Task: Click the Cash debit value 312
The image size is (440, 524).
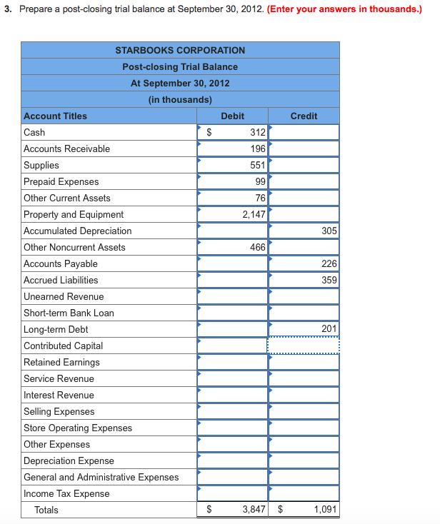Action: [257, 132]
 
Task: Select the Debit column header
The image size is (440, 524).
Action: [232, 116]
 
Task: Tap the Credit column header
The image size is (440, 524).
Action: [304, 116]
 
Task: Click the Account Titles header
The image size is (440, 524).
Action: [55, 116]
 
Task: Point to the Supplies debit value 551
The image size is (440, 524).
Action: [257, 165]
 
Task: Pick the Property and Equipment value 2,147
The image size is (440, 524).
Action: [254, 214]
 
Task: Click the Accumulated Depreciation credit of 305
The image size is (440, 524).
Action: [329, 231]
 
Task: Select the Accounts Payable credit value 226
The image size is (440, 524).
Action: [329, 263]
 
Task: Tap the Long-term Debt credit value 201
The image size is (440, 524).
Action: [329, 329]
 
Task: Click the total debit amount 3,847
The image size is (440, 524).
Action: [254, 510]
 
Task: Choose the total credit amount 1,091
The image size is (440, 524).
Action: [325, 510]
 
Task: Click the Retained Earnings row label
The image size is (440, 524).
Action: [61, 362]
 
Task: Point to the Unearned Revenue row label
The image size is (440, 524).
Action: [64, 296]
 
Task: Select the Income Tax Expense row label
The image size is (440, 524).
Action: [66, 493]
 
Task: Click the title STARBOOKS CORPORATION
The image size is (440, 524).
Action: [180, 50]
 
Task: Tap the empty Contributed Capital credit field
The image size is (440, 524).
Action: [304, 346]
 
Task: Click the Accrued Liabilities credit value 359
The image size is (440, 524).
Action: [329, 280]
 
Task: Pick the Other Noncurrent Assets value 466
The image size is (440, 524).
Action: [257, 247]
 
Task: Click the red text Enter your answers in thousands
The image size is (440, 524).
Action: [344, 9]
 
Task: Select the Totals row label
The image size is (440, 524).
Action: [46, 510]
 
